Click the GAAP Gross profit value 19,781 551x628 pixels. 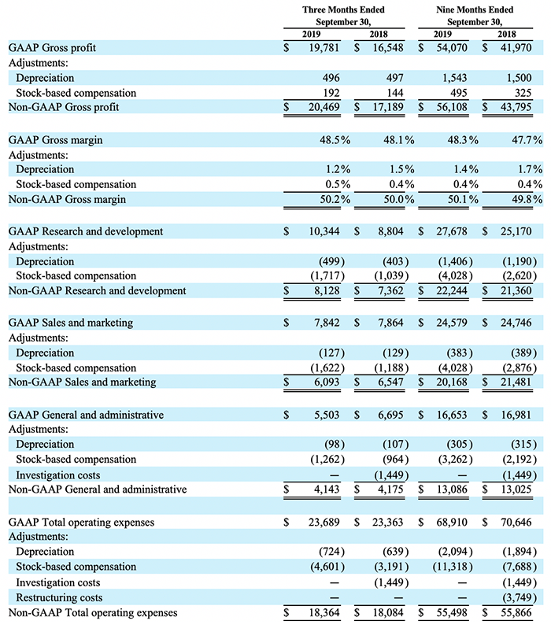(324, 48)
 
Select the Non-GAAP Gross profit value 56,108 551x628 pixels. (452, 107)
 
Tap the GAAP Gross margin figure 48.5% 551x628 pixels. (335, 140)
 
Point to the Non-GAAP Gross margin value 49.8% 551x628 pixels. (527, 199)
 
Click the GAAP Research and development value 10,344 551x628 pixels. (324, 231)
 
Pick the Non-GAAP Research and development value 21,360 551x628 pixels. (516, 290)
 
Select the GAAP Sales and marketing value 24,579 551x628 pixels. (452, 323)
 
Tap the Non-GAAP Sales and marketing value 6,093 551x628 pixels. (327, 382)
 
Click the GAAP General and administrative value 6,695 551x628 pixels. (390, 415)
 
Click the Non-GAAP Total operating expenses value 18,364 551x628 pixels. (324, 612)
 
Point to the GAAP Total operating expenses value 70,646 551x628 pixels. (516, 522)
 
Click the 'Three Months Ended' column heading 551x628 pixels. (343, 9)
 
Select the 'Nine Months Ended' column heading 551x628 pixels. (475, 9)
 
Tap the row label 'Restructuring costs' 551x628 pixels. (59, 597)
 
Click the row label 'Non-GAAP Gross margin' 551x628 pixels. (67, 199)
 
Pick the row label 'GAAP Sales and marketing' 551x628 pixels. (71, 323)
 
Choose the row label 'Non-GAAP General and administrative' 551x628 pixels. (98, 489)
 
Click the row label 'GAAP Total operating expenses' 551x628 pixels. (81, 523)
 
